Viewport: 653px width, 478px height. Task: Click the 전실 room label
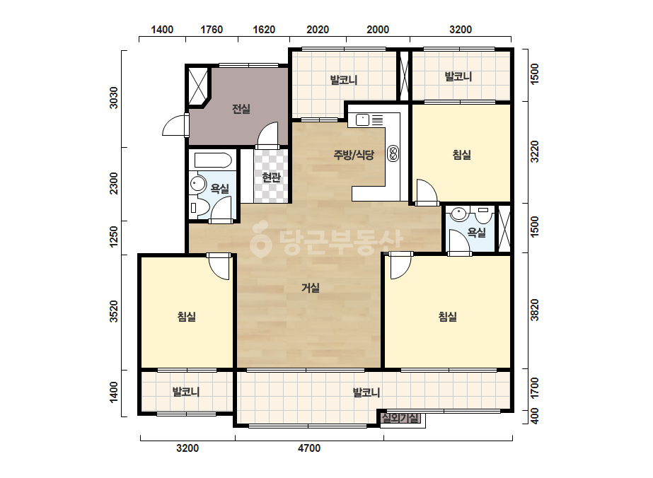coord(241,109)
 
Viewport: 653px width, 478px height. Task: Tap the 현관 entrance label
coord(271,177)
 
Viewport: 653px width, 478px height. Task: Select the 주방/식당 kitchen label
coord(354,155)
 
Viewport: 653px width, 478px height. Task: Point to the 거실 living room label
coord(311,288)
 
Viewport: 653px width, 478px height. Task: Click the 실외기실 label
coord(400,418)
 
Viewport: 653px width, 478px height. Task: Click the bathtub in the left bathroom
coord(213,161)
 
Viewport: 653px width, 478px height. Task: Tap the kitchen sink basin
coord(362,120)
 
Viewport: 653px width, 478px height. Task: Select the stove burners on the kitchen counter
coord(393,153)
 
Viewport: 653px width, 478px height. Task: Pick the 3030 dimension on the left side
coord(114,98)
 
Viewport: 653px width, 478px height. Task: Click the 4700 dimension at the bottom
coord(309,448)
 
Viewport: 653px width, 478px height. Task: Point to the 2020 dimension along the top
coord(318,30)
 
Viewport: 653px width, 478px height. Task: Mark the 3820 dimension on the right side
coord(535,310)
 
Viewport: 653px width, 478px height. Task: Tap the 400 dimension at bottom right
coord(535,416)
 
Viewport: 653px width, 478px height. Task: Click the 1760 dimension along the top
coord(212,30)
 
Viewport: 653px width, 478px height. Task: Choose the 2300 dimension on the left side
coord(114,183)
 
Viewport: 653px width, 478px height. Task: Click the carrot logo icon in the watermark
coord(260,240)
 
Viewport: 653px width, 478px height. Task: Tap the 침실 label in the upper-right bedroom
coord(462,155)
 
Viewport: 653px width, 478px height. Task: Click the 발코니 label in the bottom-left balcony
coord(186,392)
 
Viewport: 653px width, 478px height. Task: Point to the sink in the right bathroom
coord(459,214)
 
